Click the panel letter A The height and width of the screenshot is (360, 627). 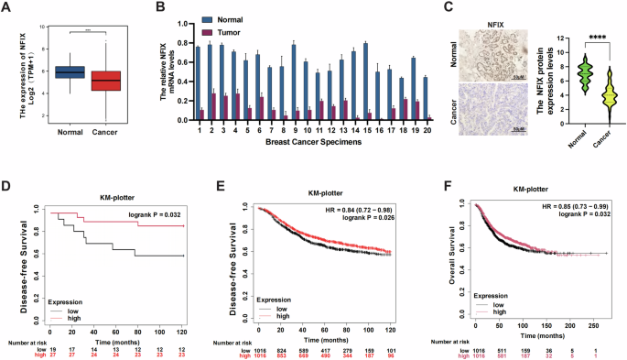(7, 8)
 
